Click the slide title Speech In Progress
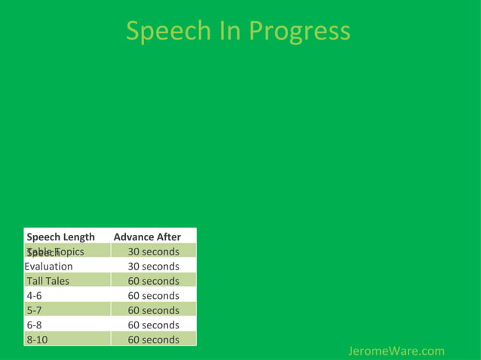click(x=237, y=32)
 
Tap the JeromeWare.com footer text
click(x=397, y=351)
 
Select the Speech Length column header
click(x=61, y=236)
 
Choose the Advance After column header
click(x=147, y=236)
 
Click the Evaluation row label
click(x=49, y=266)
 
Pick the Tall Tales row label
click(x=48, y=281)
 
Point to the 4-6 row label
click(x=35, y=295)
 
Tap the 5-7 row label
click(x=35, y=310)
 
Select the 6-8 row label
click(x=35, y=325)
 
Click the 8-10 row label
click(x=38, y=340)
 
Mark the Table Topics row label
click(x=56, y=251)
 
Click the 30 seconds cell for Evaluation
click(x=153, y=266)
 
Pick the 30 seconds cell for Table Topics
click(x=153, y=252)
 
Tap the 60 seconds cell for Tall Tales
click(x=153, y=281)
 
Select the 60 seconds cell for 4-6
click(x=153, y=295)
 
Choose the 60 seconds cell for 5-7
click(x=153, y=310)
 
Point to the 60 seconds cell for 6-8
click(x=153, y=325)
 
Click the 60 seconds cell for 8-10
click(x=153, y=340)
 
